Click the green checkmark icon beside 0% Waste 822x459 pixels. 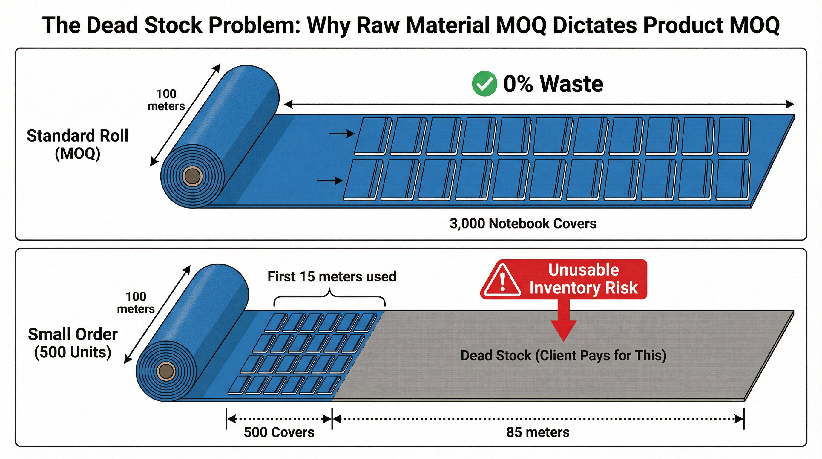484,83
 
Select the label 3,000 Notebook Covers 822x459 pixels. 523,224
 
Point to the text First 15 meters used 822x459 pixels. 332,276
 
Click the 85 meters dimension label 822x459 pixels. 538,432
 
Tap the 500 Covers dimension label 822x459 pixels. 279,432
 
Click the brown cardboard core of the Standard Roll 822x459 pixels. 192,176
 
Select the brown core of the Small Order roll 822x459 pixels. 165,371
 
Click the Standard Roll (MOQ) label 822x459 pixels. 78,145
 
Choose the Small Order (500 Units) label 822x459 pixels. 73,343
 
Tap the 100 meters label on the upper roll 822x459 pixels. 166,100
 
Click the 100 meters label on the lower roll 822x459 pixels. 136,303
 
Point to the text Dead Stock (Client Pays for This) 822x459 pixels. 563,356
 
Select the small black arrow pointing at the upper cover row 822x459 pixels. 341,134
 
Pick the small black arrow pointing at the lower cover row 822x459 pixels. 329,181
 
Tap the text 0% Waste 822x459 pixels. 553,84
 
